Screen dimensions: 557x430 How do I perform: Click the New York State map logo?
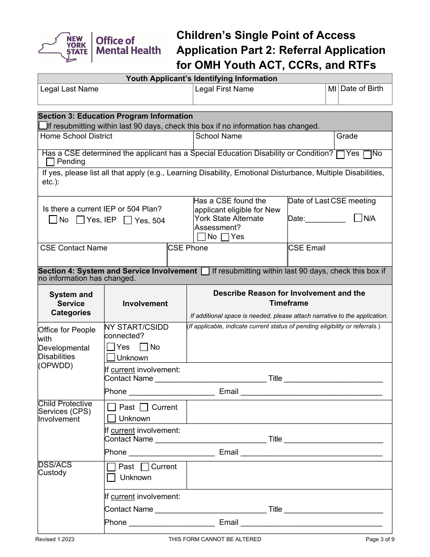[63, 47]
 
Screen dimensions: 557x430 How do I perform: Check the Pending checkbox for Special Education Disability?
[50, 162]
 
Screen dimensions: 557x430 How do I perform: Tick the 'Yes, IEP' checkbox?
[81, 220]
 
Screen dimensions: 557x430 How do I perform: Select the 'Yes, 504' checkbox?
[128, 221]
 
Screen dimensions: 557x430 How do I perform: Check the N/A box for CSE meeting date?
[358, 218]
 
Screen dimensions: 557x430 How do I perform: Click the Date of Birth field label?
[361, 89]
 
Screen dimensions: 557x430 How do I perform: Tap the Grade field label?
[347, 136]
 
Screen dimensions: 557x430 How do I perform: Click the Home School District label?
[76, 136]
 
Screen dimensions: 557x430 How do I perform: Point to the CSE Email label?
[307, 248]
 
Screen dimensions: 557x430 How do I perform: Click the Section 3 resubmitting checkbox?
[43, 125]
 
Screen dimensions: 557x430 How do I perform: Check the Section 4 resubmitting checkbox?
[205, 271]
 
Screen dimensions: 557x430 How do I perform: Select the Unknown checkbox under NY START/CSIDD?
[111, 357]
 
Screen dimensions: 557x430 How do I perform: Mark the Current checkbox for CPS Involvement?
[144, 407]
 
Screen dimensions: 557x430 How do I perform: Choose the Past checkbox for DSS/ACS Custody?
[111, 466]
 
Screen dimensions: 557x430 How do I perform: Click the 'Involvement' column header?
[145, 303]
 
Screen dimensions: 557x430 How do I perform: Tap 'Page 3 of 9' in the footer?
[378, 539]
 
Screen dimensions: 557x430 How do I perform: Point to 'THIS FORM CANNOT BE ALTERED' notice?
[215, 539]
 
